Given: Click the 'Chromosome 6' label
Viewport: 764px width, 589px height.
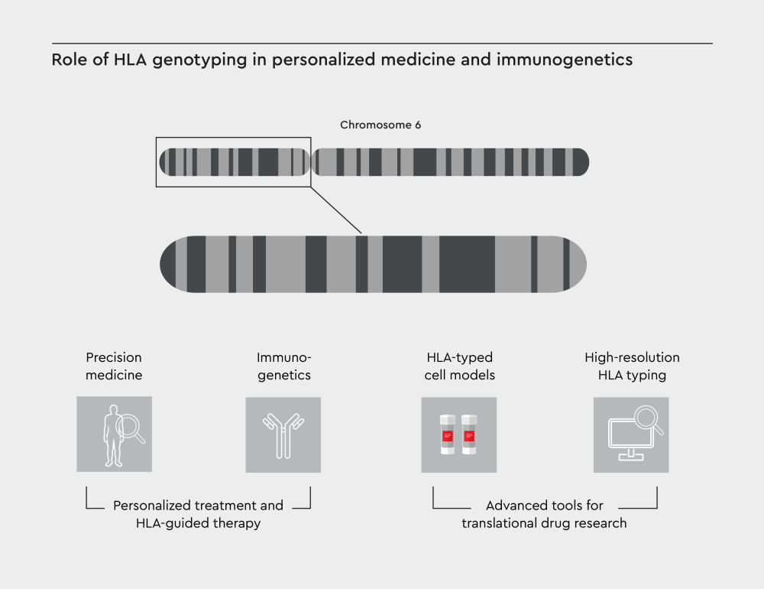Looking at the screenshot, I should click(380, 125).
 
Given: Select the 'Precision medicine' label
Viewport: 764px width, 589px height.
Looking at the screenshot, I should click(114, 366).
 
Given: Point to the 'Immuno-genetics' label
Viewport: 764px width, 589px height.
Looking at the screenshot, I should click(284, 366).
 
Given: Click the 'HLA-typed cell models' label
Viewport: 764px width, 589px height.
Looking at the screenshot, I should click(459, 366).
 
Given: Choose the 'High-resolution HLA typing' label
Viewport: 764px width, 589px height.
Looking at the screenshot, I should click(632, 366).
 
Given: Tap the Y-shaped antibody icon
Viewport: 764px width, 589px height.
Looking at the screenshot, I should click(283, 434).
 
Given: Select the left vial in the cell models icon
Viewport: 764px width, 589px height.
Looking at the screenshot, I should click(448, 435).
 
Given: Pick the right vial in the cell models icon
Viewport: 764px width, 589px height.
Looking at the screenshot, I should click(469, 435).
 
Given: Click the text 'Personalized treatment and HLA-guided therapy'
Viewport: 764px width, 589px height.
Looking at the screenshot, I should click(198, 514).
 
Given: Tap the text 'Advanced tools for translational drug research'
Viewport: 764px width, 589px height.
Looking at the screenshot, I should click(544, 514).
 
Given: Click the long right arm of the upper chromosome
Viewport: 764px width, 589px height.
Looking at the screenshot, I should click(451, 162).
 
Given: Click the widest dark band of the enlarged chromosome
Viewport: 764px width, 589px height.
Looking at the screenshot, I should click(467, 264).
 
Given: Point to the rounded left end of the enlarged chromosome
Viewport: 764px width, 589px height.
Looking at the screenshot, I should click(170, 264).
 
